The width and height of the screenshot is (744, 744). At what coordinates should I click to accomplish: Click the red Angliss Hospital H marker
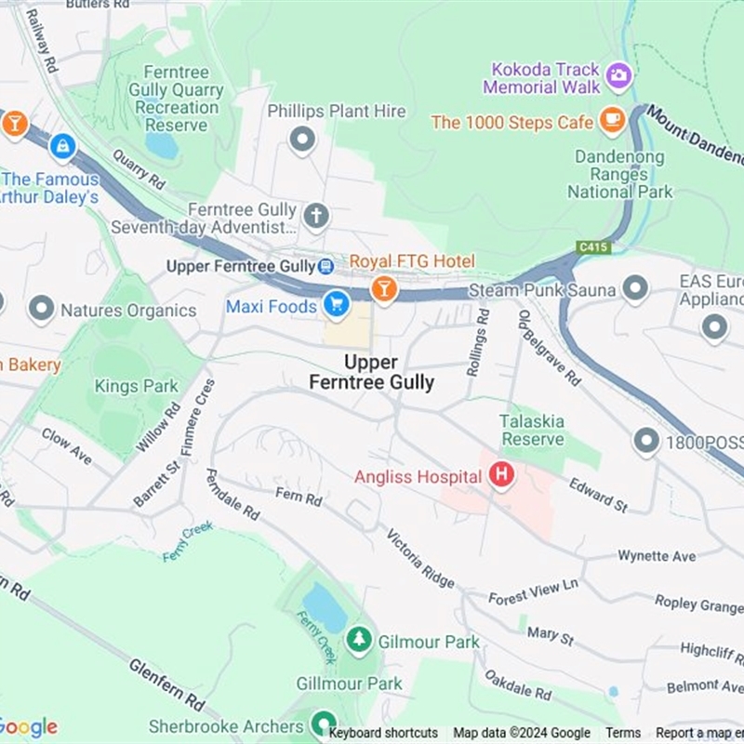[502, 476]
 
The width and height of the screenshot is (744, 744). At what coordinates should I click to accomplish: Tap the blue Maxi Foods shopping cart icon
[336, 303]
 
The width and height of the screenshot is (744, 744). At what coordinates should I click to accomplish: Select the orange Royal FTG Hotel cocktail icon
[383, 289]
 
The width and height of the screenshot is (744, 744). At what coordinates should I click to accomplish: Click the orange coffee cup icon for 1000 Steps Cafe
[612, 119]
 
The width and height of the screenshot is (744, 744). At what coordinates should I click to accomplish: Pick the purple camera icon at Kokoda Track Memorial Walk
[618, 74]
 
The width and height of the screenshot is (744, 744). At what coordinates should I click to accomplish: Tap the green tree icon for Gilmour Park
[358, 640]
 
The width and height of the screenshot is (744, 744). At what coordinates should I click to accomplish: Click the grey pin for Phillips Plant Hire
[302, 140]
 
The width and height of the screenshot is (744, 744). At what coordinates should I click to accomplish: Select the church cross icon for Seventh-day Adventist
[316, 217]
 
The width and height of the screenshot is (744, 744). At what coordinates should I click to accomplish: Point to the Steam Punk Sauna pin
[635, 288]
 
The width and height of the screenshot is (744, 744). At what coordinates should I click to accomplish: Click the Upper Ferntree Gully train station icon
[325, 267]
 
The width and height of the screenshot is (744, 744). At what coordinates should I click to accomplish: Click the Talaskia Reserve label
[532, 430]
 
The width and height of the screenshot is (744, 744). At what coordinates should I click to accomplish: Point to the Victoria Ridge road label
[420, 559]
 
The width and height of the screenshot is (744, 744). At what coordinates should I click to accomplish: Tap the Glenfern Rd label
[167, 684]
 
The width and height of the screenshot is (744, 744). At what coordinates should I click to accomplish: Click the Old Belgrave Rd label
[550, 348]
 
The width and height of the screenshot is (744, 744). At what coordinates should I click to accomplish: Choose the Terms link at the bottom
[623, 733]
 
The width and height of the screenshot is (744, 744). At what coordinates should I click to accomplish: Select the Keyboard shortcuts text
[383, 733]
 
